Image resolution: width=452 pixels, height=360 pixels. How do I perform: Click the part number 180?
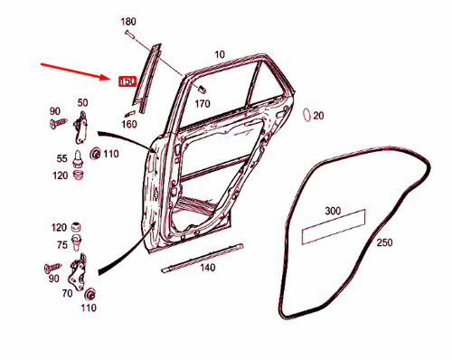click(127, 21)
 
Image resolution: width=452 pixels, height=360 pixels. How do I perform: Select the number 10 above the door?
click(219, 55)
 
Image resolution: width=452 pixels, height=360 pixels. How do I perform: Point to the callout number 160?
click(128, 124)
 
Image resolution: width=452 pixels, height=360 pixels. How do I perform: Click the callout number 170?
click(202, 103)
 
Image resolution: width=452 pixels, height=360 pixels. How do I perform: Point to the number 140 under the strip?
click(207, 268)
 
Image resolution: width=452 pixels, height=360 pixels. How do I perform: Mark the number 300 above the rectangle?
click(333, 211)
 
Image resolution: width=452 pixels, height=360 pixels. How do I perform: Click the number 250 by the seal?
click(384, 242)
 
